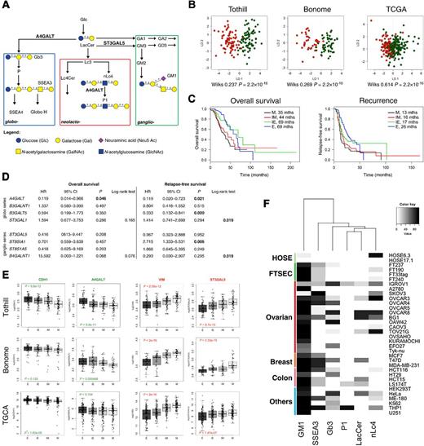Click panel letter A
(x=5, y=5)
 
